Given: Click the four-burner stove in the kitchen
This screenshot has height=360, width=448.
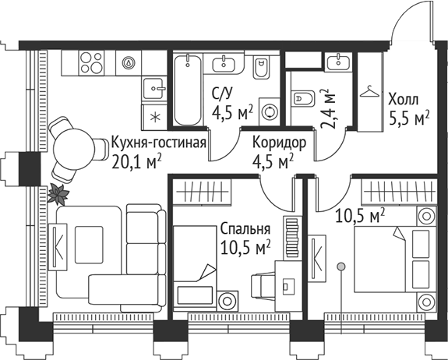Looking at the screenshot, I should click(92, 62).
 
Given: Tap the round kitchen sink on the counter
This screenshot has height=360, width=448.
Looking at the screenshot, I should click(129, 62).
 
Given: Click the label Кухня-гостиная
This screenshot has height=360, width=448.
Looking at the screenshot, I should click(158, 143).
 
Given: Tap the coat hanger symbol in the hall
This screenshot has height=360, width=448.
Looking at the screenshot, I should click(368, 90).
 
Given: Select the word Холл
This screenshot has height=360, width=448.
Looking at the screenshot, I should click(403, 100).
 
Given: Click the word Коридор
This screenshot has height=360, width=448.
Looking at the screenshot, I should click(278, 143).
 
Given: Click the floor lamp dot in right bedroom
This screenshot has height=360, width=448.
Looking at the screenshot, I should click(340, 266).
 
